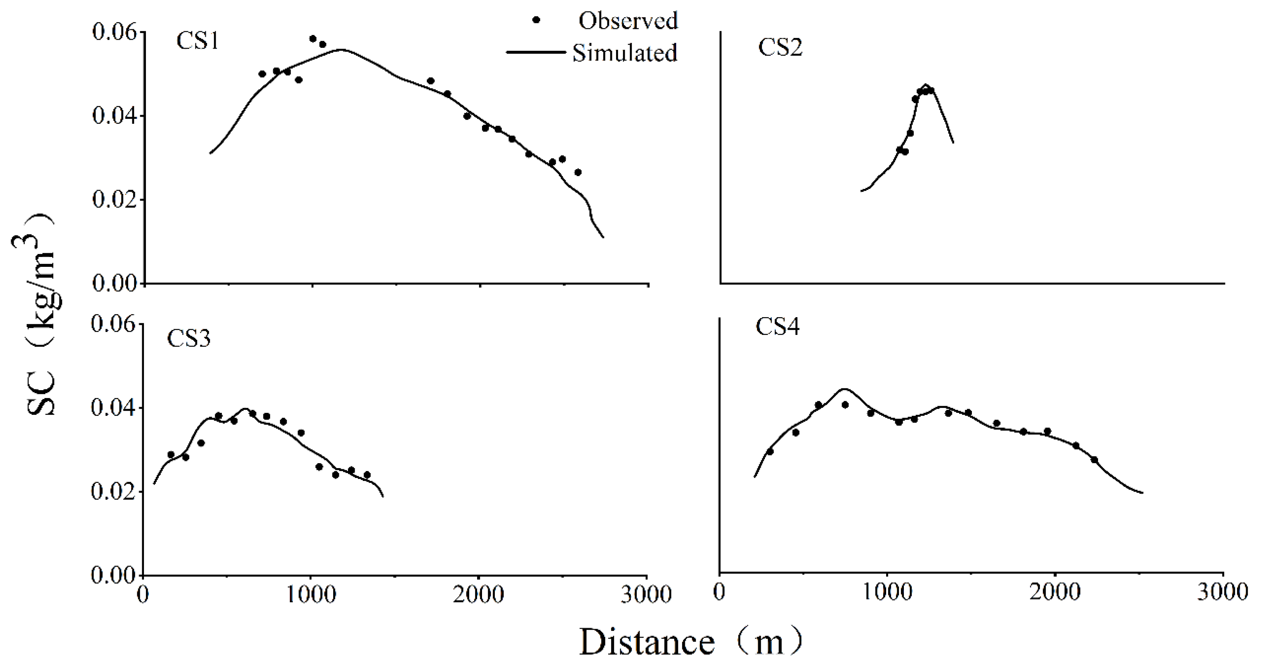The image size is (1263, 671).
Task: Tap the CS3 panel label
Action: tap(189, 339)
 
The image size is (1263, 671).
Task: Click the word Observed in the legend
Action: tap(628, 21)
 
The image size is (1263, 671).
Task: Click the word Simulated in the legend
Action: tap(625, 53)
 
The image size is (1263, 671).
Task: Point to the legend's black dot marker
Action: tap(536, 20)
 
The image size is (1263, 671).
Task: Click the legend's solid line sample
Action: tap(535, 52)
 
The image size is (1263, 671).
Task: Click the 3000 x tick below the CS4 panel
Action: tap(1222, 593)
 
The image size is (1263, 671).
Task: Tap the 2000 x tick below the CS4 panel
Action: tap(1055, 593)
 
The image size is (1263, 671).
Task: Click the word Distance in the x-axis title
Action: tap(647, 643)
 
